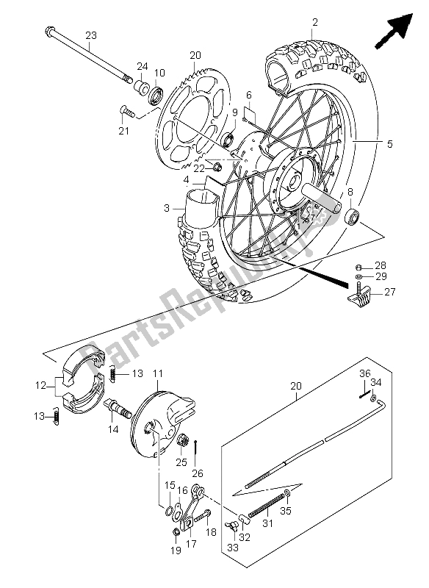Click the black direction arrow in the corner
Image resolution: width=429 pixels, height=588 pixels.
(x=394, y=31)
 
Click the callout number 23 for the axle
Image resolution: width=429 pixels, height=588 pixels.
(x=91, y=35)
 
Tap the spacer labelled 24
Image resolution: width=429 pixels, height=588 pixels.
(x=141, y=85)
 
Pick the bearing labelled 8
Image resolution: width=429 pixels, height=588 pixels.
(x=351, y=218)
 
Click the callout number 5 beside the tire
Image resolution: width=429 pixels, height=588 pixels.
(x=389, y=143)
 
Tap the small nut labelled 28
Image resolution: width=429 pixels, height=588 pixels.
(x=358, y=268)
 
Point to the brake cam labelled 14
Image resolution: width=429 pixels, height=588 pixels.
(x=119, y=409)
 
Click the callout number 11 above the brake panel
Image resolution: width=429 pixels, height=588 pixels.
(x=158, y=373)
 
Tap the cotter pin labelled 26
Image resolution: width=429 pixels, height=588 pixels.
(x=196, y=453)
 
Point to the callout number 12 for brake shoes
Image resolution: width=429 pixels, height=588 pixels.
(x=40, y=385)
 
